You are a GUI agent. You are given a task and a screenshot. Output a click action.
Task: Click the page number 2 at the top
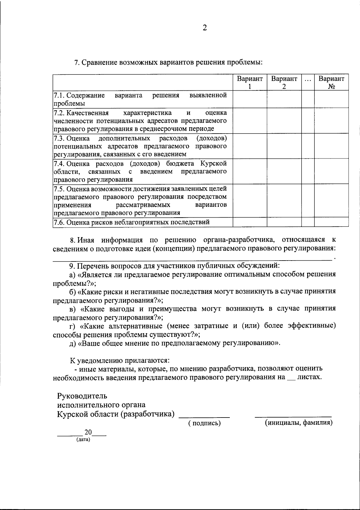(205, 28)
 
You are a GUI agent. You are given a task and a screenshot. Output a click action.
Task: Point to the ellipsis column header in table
(308, 80)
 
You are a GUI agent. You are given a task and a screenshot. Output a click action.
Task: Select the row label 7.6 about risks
(131, 222)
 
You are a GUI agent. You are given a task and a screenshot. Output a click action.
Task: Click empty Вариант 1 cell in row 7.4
(250, 171)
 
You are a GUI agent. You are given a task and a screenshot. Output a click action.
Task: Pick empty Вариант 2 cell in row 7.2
(284, 120)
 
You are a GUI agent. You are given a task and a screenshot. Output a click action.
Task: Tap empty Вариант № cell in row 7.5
(331, 200)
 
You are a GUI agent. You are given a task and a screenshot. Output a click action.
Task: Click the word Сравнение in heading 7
(100, 62)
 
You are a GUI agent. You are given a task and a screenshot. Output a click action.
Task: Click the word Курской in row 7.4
(213, 164)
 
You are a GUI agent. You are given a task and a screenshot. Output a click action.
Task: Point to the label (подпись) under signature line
(205, 423)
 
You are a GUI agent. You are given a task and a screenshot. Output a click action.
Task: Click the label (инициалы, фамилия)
(298, 423)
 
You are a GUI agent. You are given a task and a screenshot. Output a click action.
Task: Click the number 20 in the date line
(88, 432)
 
